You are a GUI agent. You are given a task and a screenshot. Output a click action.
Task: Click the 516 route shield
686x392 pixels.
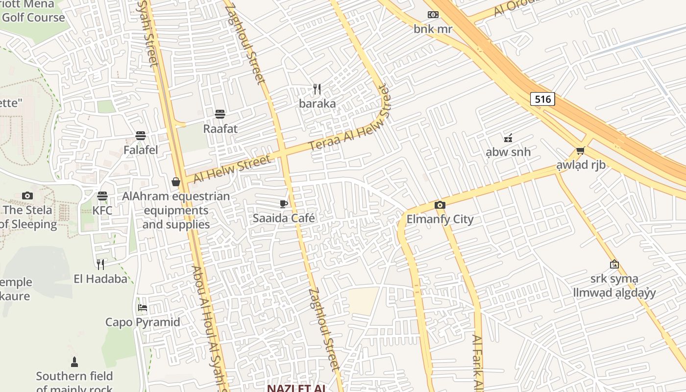[542, 99]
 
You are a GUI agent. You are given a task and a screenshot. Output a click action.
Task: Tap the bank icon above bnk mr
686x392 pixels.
[433, 15]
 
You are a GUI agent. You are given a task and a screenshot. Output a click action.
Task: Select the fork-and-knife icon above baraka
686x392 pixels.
[317, 89]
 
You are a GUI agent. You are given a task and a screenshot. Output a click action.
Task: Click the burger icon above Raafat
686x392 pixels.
[220, 114]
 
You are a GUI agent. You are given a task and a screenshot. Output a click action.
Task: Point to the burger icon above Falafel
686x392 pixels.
[141, 136]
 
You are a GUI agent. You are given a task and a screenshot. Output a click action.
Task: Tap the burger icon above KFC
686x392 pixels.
[102, 196]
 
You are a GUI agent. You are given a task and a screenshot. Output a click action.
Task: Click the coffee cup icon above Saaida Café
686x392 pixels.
[283, 204]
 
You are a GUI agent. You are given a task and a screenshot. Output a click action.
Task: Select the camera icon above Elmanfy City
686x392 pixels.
[440, 205]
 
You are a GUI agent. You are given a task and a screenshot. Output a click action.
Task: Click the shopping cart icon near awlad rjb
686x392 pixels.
[581, 150]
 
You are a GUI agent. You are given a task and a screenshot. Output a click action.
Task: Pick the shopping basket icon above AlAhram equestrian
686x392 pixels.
[176, 182]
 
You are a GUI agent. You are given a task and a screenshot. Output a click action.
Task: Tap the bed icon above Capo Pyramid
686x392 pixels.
[143, 308]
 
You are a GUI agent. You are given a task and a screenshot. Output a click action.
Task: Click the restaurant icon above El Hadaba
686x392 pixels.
[100, 265]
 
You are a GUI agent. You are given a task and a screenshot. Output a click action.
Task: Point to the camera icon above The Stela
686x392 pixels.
[27, 196]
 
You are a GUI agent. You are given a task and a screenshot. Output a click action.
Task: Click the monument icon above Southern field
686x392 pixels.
[74, 362]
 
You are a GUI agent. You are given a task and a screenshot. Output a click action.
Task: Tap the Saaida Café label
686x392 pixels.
[284, 218]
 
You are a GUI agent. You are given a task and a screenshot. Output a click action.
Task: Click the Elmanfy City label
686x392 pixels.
[440, 219]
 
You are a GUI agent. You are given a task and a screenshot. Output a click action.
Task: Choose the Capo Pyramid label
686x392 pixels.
[143, 322]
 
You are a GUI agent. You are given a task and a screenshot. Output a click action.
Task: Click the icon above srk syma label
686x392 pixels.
[614, 265]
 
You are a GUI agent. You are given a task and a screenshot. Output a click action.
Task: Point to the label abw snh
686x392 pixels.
[508, 152]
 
